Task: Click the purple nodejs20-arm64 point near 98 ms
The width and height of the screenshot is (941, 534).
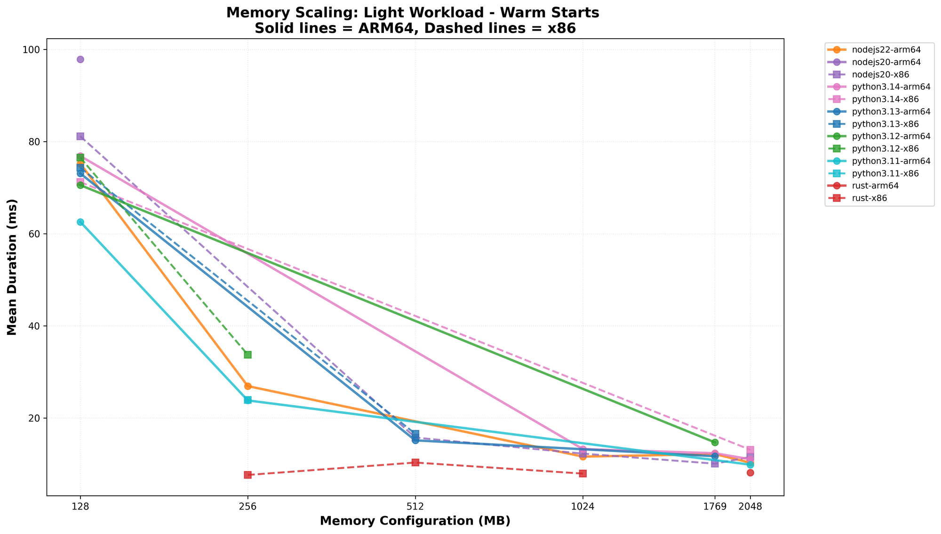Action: pyautogui.click(x=80, y=59)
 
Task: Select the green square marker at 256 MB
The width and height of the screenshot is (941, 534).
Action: pyautogui.click(x=247, y=355)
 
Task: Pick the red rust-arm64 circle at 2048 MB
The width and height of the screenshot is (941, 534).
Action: pyautogui.click(x=750, y=473)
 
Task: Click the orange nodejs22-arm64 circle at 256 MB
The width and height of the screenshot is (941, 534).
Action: pyautogui.click(x=247, y=387)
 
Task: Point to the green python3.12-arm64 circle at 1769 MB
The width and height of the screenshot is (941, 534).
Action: pyautogui.click(x=715, y=442)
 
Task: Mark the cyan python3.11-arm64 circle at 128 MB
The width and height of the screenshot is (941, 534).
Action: pyautogui.click(x=80, y=222)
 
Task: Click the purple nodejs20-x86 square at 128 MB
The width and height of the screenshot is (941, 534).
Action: pyautogui.click(x=80, y=136)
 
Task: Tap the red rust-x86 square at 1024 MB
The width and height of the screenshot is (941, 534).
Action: pyautogui.click(x=583, y=473)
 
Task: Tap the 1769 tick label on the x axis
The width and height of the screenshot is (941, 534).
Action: pyautogui.click(x=715, y=507)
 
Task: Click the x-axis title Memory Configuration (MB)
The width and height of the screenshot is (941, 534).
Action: pyautogui.click(x=415, y=521)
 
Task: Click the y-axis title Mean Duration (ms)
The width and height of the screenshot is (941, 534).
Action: pyautogui.click(x=13, y=267)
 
